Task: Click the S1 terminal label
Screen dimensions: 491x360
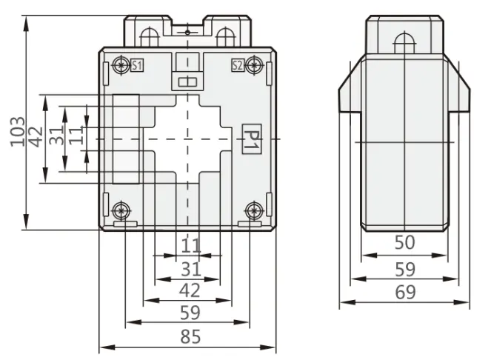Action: point(137,65)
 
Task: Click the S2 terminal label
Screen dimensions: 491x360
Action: point(238,65)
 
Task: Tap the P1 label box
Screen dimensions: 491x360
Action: point(252,139)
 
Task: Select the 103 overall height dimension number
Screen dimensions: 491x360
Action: point(18,132)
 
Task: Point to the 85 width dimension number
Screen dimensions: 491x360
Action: point(190,336)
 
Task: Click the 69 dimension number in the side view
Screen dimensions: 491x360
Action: point(405,292)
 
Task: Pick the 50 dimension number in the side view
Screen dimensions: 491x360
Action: point(404,242)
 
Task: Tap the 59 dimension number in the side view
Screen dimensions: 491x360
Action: point(405,269)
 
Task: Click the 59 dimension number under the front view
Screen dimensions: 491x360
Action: point(190,313)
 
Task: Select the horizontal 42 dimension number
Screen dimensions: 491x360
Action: point(190,290)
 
